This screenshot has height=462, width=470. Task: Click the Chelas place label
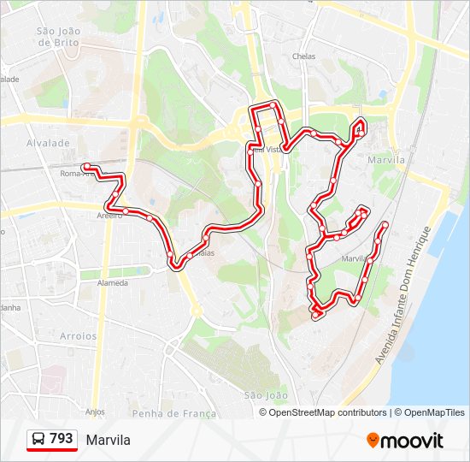[x=303, y=56]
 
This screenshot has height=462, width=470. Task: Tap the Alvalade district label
[x=48, y=144]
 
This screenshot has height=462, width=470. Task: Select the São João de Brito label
[x=58, y=37]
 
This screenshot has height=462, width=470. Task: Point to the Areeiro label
[x=110, y=216]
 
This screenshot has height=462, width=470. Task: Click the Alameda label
[x=113, y=283]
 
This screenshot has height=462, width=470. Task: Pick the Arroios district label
[x=79, y=336]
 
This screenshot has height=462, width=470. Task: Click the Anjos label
[x=95, y=412]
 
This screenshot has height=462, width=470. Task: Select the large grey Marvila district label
[x=385, y=160]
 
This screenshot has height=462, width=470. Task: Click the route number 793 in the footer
[x=62, y=439]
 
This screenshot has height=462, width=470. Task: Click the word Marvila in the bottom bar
[x=109, y=440]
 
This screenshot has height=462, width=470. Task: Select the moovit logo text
[x=413, y=441]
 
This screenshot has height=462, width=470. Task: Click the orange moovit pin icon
[x=373, y=441]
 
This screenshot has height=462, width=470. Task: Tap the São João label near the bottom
[x=266, y=395]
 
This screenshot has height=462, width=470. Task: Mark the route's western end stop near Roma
[x=85, y=166]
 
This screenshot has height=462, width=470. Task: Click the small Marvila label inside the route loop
[x=354, y=258]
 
